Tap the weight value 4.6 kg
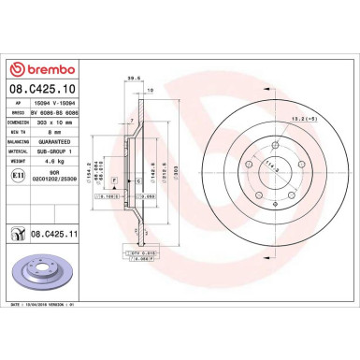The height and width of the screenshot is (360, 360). tap(43, 160)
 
